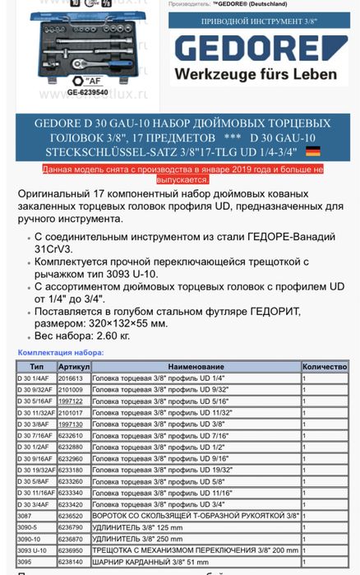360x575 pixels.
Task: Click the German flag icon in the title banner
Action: [313, 151]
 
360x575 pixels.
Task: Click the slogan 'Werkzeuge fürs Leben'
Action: [255, 74]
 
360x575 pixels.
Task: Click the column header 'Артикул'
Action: [74, 366]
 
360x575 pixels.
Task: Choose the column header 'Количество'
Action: [325, 366]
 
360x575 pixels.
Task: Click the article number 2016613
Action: [70, 378]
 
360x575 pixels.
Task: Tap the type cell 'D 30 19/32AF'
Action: [35, 470]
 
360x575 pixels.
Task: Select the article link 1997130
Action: [70, 424]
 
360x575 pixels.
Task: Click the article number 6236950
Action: [70, 550]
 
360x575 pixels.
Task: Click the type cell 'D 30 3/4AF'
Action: [33, 504]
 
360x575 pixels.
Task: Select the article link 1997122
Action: [70, 401]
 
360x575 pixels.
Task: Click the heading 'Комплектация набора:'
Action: [60, 352]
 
